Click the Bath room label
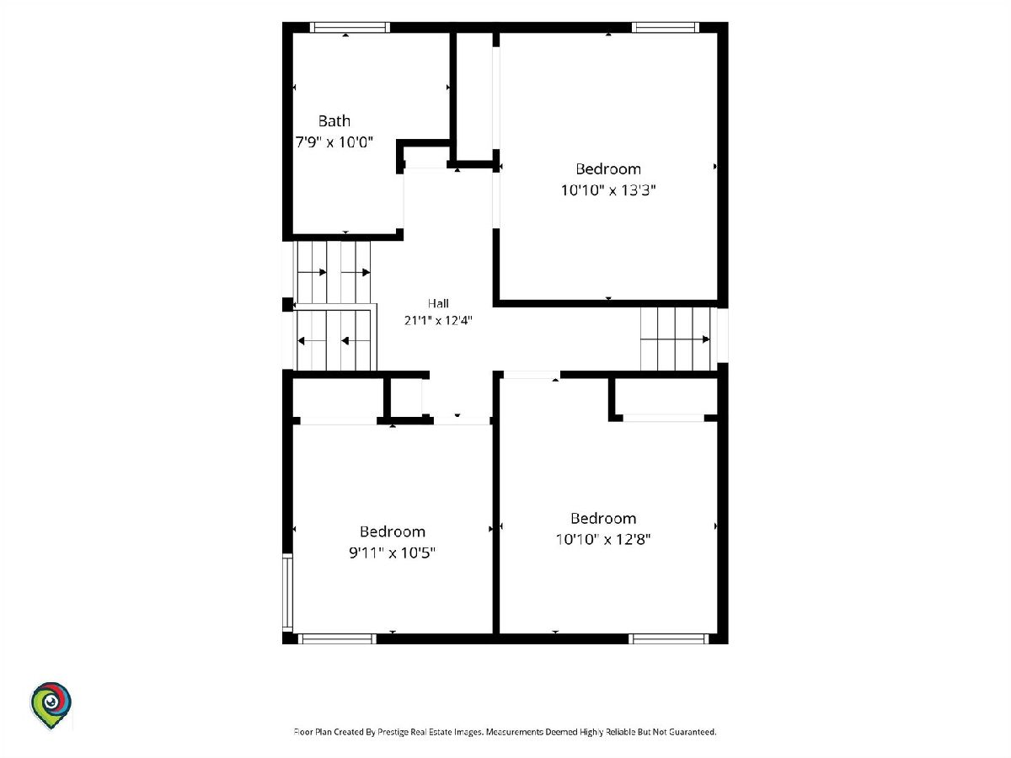click(x=334, y=121)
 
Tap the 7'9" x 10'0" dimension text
click(x=334, y=142)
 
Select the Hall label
click(x=438, y=303)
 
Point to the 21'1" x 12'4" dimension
click(x=438, y=320)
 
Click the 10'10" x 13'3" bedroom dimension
click(x=608, y=190)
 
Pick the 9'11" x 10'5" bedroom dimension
click(x=392, y=552)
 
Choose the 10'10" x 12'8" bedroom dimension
click(x=603, y=539)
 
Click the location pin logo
click(x=51, y=706)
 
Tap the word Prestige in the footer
click(x=392, y=732)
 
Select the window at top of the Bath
click(x=350, y=27)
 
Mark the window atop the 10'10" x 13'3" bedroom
click(x=665, y=27)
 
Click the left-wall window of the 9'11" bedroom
click(x=287, y=592)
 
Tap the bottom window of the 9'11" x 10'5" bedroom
click(x=337, y=638)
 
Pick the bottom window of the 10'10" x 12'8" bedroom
click(x=668, y=638)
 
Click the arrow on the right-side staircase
click(x=676, y=339)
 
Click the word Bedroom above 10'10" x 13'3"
click(x=608, y=169)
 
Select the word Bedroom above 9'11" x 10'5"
click(x=392, y=531)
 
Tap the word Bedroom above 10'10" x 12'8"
click(x=603, y=518)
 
